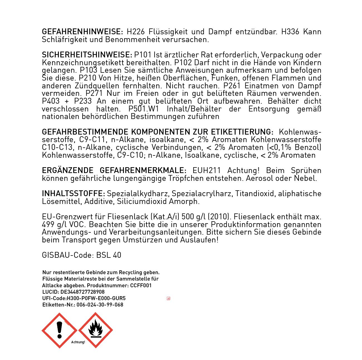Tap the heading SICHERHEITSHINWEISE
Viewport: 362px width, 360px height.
(87, 55)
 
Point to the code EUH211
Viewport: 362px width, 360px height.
(207, 171)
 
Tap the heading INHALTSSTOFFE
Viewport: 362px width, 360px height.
(73, 194)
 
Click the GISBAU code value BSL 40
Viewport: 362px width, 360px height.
(109, 255)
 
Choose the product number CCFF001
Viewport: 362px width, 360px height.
(141, 286)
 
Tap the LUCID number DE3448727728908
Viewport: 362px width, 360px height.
(82, 292)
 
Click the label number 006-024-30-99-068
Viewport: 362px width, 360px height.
(100, 305)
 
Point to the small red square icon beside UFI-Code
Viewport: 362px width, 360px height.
(168, 298)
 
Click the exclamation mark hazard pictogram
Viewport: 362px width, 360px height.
(59, 330)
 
